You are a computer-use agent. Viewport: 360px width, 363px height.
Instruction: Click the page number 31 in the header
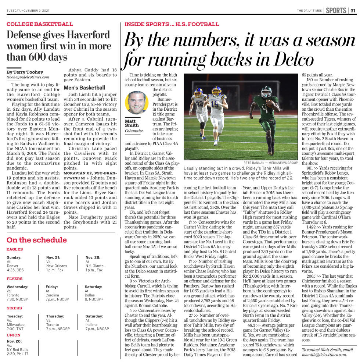353,10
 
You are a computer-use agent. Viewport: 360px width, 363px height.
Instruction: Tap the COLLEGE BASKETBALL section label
40,24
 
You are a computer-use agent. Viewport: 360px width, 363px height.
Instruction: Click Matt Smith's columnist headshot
136,102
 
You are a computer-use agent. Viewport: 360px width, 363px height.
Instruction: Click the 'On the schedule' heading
37,240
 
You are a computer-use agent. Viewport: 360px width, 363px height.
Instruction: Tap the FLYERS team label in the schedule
15,279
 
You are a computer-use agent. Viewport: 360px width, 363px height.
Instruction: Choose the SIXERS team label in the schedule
14,308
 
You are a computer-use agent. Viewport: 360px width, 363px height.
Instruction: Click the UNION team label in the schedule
14,335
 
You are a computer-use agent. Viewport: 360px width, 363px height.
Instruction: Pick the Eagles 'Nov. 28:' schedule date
93,257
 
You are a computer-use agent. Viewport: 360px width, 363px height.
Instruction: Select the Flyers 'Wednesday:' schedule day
18,287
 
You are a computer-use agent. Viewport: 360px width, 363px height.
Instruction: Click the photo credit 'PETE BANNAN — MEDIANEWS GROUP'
270,162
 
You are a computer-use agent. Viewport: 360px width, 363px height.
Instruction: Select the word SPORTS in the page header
336,10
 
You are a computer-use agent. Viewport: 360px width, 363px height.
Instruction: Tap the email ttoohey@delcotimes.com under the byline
28,77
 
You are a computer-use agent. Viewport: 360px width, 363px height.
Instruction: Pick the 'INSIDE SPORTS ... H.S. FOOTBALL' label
172,24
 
